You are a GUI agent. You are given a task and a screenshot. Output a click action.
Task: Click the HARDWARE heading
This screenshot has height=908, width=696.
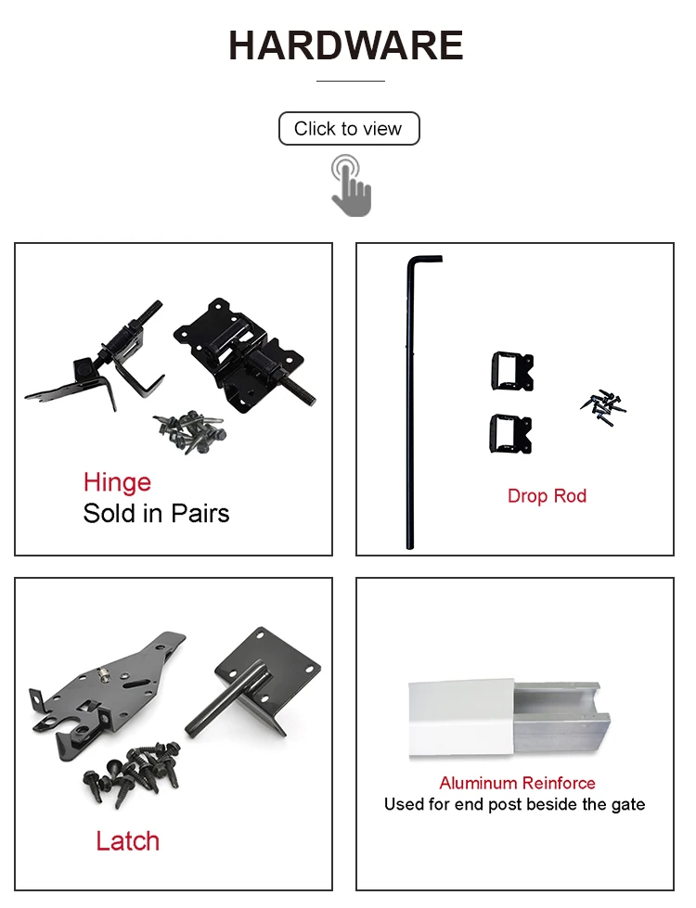coord(346,45)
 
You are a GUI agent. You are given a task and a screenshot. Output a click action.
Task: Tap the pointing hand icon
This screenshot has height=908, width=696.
coord(351,185)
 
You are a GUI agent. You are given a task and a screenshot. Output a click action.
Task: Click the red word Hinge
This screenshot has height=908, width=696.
coord(117,482)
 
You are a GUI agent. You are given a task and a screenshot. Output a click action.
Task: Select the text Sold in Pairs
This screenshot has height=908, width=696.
coord(156,513)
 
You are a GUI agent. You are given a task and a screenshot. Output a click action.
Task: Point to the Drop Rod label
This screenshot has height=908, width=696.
coord(547,496)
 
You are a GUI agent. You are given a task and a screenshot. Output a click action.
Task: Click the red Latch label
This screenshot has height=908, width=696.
coord(127,841)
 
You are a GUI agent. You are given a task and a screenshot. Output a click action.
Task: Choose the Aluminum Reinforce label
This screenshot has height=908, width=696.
coord(517,783)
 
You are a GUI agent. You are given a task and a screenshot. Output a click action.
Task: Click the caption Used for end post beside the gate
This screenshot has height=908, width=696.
coord(514,804)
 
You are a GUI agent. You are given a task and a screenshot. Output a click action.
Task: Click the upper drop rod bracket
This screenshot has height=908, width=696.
coord(511,372)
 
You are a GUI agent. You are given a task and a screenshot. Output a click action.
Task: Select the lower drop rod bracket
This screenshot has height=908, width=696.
coord(511,433)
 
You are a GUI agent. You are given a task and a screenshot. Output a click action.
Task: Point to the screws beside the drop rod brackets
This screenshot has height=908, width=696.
coord(604,402)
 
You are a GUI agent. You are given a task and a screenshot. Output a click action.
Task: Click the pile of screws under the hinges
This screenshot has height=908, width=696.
coord(189,432)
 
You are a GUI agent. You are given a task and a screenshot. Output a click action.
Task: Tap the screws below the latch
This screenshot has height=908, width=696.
coord(135,769)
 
